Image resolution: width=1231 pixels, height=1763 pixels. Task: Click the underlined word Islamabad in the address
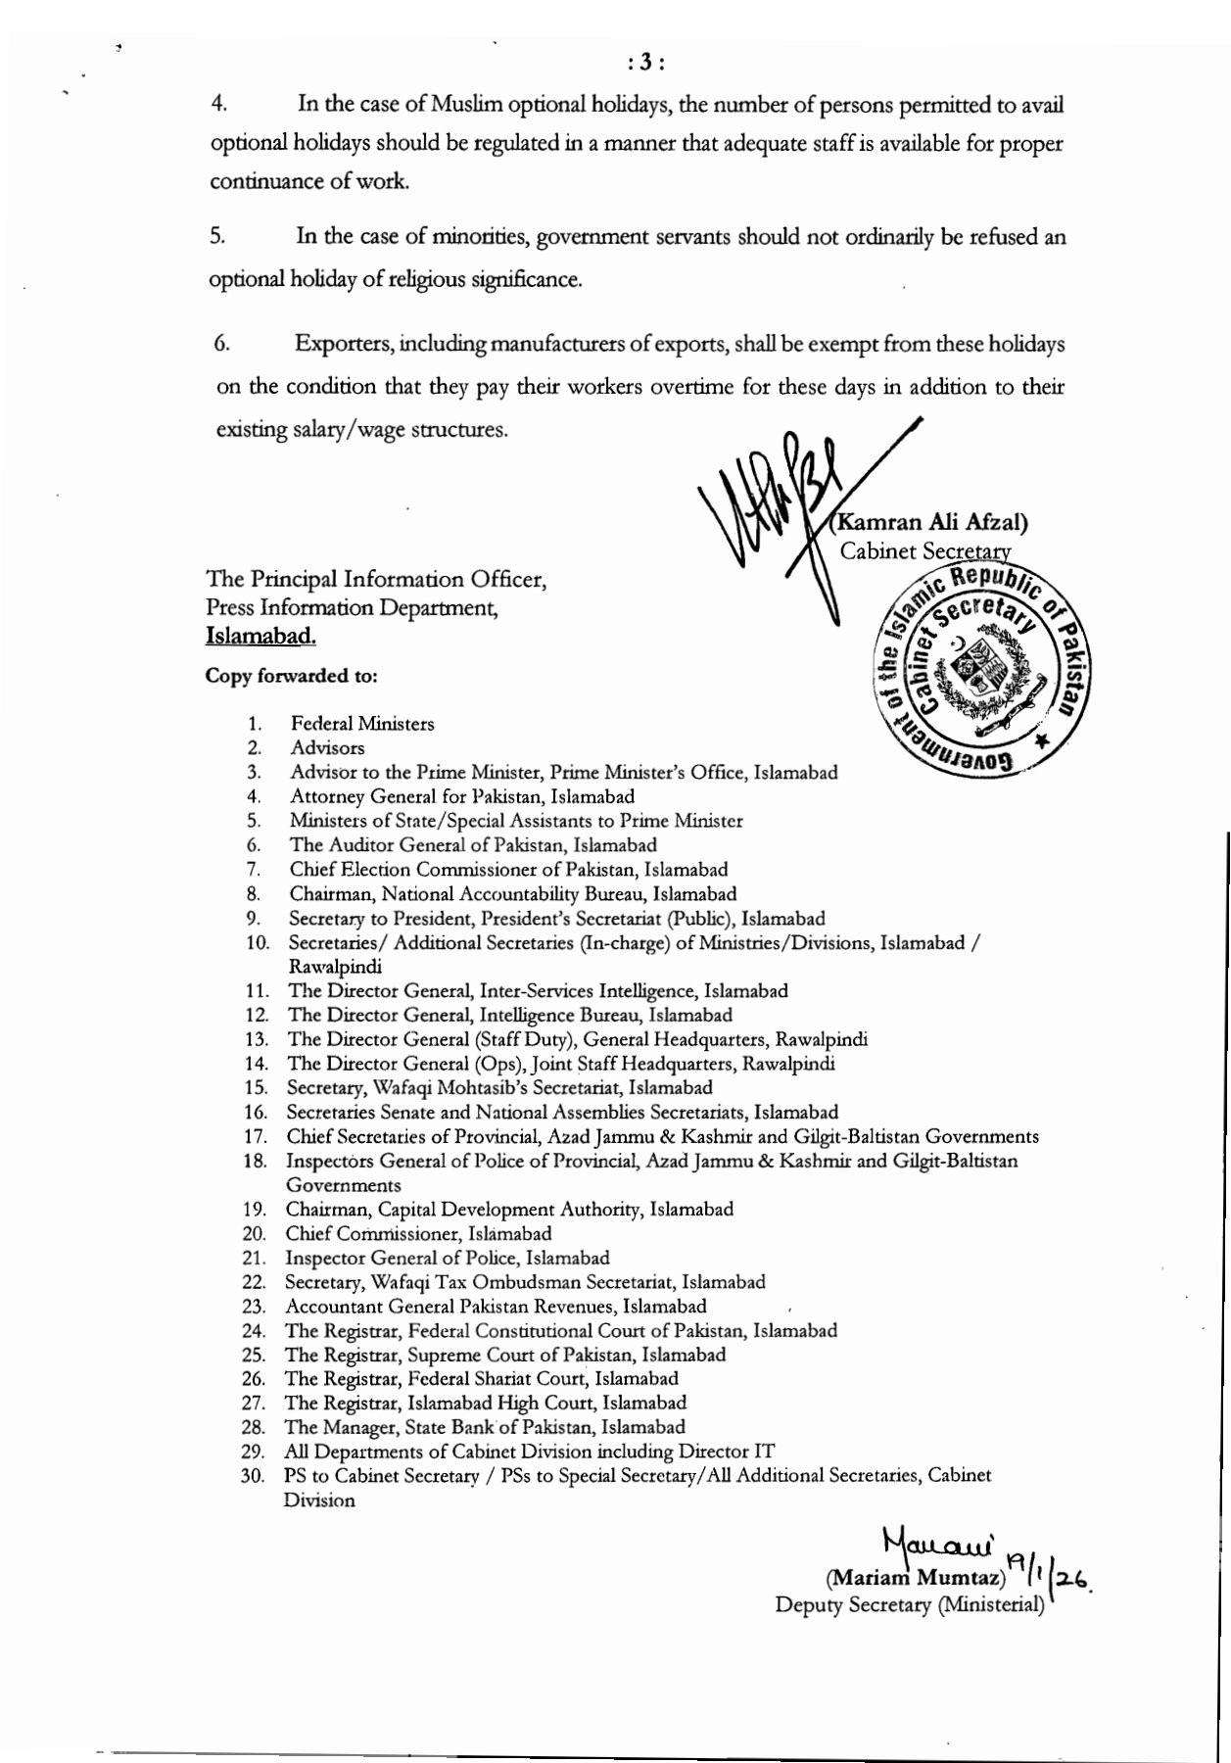coord(260,636)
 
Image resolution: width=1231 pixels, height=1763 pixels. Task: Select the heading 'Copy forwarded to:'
coord(291,676)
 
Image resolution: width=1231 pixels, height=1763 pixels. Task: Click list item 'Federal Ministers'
coord(361,724)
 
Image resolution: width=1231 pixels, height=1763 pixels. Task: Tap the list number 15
coord(257,1087)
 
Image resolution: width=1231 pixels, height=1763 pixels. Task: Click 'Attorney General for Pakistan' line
coord(461,796)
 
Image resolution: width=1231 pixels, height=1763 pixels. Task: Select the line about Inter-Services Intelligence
coord(538,990)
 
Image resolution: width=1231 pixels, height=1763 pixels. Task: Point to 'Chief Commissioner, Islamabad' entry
coord(418,1233)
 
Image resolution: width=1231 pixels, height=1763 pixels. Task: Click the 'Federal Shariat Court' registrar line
coord(481,1378)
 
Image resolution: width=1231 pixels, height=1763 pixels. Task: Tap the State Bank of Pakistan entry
coord(485,1426)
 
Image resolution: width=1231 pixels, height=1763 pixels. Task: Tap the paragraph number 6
coord(222,344)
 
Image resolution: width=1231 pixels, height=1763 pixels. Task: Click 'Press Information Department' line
coord(352,607)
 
